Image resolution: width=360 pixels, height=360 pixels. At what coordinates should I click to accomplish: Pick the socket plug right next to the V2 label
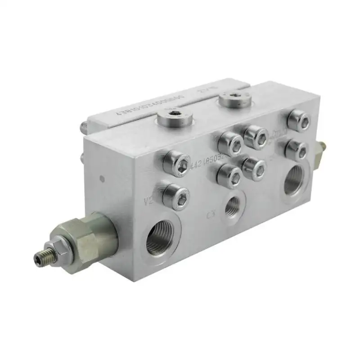(x=176, y=194)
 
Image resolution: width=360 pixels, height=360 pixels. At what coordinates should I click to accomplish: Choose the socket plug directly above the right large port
(x=296, y=149)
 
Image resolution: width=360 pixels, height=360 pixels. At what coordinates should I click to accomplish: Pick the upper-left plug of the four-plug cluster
(x=230, y=144)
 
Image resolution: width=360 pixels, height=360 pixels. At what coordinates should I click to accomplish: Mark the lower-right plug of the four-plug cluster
(x=255, y=168)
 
